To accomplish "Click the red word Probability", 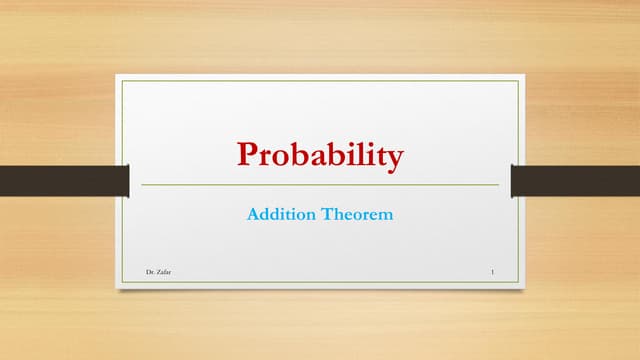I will pos(320,156).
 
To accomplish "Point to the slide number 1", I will pos(494,272).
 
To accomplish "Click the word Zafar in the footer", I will pos(163,272).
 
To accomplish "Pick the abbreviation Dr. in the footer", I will pos(149,272).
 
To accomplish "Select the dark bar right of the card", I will pos(575,180).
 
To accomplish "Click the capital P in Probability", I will pos(246,154).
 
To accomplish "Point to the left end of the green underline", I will pos(142,185).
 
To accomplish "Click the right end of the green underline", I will pos(498,185).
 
